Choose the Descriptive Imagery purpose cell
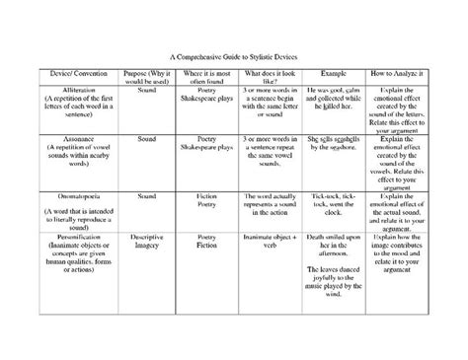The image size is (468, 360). pos(147,242)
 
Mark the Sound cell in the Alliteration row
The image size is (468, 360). pos(147,89)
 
